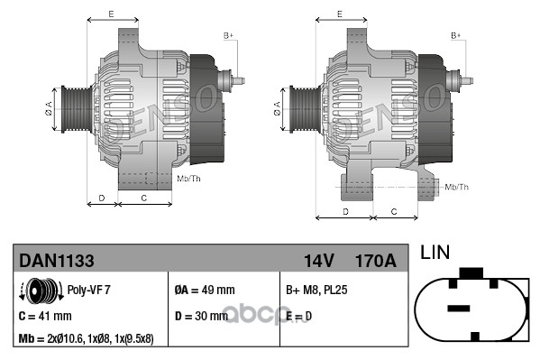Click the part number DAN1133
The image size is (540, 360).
(x=57, y=261)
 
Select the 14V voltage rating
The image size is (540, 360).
(x=319, y=261)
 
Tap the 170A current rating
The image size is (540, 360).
(x=376, y=261)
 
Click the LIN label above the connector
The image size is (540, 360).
(x=435, y=253)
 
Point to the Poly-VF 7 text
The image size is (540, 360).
(x=89, y=290)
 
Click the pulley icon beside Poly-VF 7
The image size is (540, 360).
(x=41, y=291)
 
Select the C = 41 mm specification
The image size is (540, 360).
(x=45, y=316)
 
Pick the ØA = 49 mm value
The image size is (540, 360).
(x=205, y=290)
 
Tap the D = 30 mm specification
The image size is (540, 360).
(x=201, y=316)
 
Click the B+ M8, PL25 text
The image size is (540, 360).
(x=316, y=290)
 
